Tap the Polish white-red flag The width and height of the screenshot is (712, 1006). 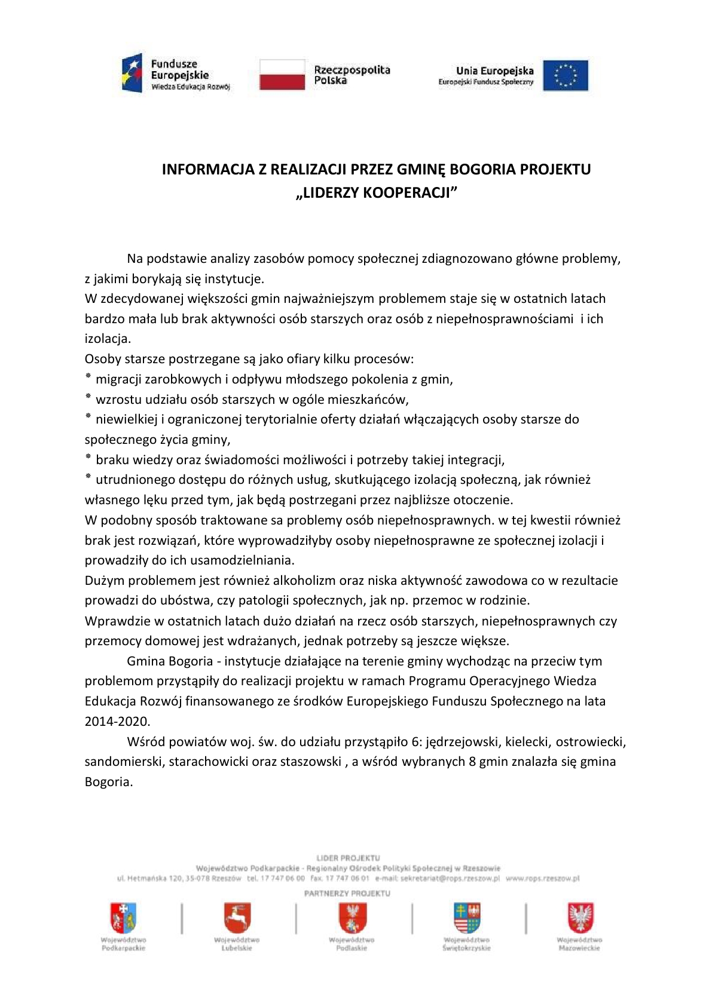pos(282,75)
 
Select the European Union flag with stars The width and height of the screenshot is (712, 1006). pos(565,75)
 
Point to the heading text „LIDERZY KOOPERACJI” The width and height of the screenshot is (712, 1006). pos(377,192)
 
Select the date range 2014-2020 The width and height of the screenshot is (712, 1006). pos(117,721)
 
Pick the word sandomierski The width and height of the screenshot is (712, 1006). pos(124,762)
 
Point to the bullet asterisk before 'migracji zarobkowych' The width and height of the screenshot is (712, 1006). pos(88,378)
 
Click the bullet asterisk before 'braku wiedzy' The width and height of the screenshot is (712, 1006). pos(88,459)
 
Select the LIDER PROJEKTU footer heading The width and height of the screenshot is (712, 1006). pos(348,858)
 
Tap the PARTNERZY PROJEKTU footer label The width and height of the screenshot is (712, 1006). pos(347,894)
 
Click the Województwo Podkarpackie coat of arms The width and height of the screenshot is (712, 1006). pos(123,918)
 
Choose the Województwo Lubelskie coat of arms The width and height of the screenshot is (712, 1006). pos(237,918)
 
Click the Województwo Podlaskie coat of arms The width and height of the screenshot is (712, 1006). pos(352,918)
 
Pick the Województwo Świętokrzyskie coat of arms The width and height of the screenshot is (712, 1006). pos(466,918)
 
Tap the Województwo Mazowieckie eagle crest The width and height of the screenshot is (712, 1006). pos(580,918)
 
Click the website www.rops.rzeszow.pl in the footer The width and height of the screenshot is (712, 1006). pos(543,878)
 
